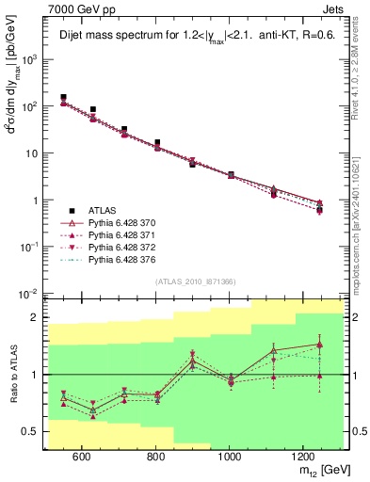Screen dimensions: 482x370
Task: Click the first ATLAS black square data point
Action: click(x=63, y=97)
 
